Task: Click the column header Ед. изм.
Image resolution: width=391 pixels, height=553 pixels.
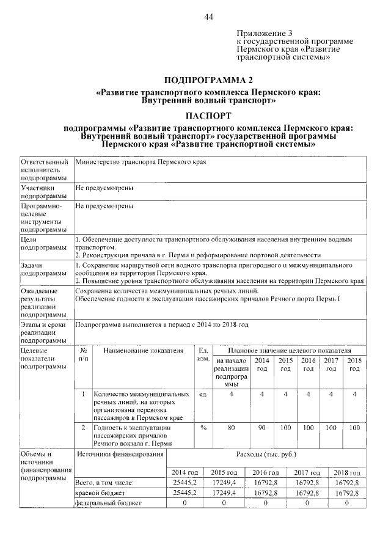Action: pos(203,355)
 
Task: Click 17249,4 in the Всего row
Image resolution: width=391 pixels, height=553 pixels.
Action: pos(224,483)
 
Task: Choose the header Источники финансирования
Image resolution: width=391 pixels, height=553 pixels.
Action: pos(120,455)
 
